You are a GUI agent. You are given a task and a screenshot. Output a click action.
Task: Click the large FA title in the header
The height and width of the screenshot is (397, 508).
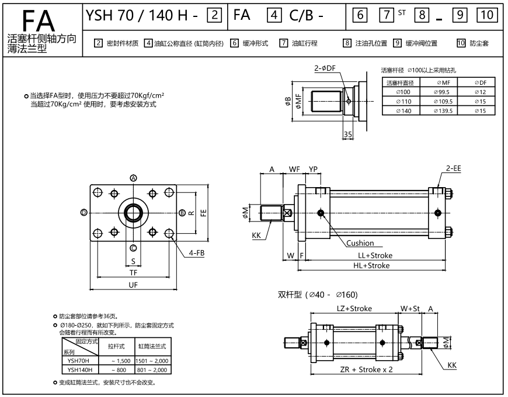click(40, 19)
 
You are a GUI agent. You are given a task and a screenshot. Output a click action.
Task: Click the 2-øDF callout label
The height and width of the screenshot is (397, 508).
click(325, 68)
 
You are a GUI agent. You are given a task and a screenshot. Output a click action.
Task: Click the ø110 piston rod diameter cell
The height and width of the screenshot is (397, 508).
click(403, 101)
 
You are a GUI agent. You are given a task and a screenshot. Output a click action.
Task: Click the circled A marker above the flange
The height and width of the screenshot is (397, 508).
click(133, 178)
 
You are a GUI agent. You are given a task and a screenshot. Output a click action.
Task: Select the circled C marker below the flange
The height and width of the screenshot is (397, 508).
click(133, 247)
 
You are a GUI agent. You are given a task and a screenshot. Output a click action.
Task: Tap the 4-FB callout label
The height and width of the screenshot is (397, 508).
click(196, 253)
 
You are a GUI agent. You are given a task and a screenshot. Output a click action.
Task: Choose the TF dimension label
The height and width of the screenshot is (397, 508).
click(133, 272)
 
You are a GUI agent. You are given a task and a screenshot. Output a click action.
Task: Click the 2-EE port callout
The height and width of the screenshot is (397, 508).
click(454, 168)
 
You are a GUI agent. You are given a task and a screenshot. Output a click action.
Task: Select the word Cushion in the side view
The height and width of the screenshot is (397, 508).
click(360, 243)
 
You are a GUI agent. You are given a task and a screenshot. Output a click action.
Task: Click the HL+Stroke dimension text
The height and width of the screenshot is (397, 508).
click(371, 265)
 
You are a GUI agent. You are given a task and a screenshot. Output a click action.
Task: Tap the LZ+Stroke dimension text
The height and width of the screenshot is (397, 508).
click(354, 308)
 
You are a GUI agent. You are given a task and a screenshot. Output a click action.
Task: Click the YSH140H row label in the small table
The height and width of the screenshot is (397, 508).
click(79, 370)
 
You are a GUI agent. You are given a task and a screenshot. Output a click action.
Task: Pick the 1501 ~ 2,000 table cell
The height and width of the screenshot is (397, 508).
click(152, 361)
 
